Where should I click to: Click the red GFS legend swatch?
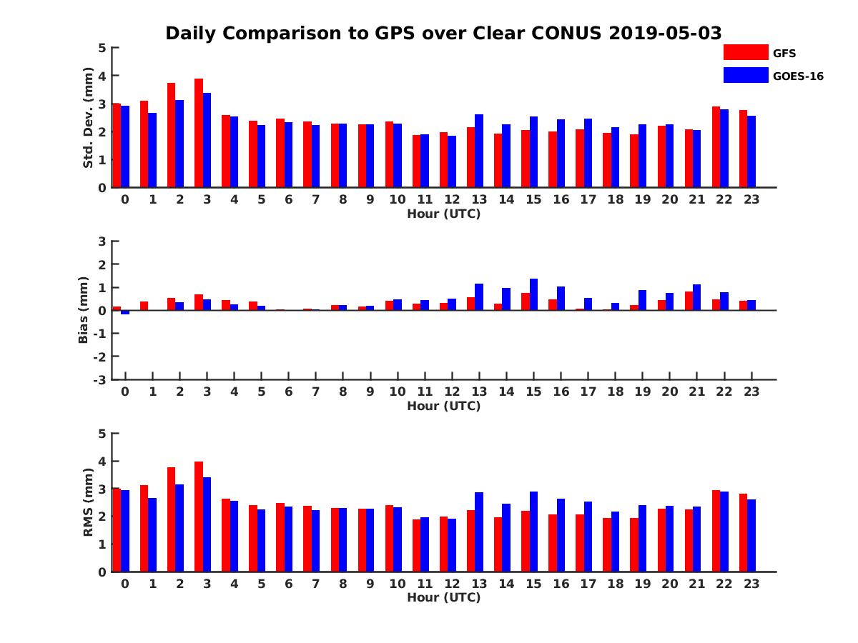745,52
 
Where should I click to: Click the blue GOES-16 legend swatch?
745,75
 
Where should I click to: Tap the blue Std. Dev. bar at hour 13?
479,151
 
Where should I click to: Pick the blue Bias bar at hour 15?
533,294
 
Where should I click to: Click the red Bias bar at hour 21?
689,301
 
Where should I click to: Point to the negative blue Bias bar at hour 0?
125,312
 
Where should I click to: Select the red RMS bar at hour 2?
172,519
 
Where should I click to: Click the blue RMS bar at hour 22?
724,532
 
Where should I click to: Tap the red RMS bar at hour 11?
417,545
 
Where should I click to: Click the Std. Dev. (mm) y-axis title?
88,118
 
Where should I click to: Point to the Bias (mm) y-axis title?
84,311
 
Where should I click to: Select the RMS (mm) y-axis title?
88,502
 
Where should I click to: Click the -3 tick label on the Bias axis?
99,379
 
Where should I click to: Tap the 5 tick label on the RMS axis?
103,434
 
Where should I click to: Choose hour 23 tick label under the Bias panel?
751,392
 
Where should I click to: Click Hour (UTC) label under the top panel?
444,214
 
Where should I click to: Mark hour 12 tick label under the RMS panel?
452,583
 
